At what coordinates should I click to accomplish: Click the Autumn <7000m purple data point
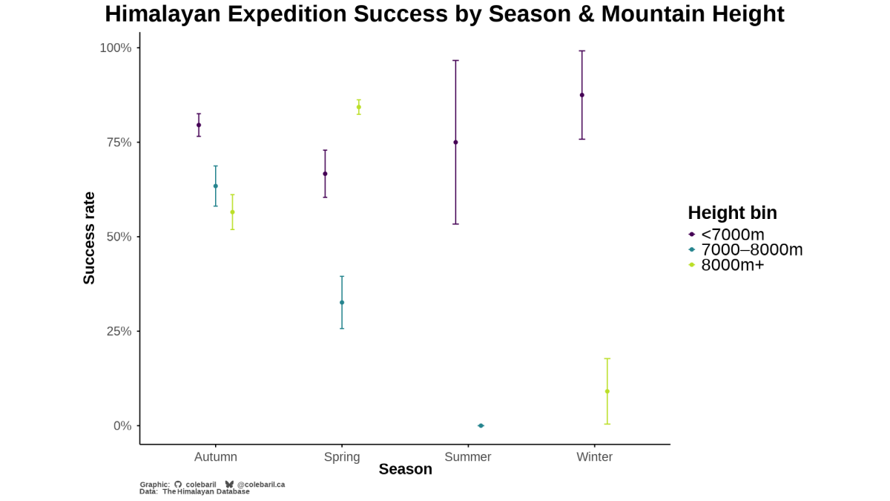pyautogui.click(x=199, y=125)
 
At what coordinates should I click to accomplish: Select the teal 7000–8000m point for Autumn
pyautogui.click(x=216, y=186)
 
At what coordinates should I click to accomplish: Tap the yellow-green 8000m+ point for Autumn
pyautogui.click(x=232, y=212)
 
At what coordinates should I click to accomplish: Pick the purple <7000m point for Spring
pyautogui.click(x=325, y=174)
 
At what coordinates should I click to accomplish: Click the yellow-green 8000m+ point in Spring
pyautogui.click(x=359, y=107)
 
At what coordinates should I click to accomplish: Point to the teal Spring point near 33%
pyautogui.click(x=342, y=303)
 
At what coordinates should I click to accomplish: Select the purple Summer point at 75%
pyautogui.click(x=455, y=143)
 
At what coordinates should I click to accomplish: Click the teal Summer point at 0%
pyautogui.click(x=481, y=425)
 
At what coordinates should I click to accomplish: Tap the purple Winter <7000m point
pyautogui.click(x=582, y=95)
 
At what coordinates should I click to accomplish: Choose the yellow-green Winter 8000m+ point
pyautogui.click(x=607, y=391)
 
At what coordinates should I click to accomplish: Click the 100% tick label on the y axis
pyautogui.click(x=116, y=48)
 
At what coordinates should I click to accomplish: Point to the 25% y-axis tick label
pyautogui.click(x=118, y=331)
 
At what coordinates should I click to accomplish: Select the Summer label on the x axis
pyautogui.click(x=468, y=457)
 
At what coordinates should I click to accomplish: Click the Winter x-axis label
pyautogui.click(x=595, y=457)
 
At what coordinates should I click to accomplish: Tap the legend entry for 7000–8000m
pyautogui.click(x=751, y=249)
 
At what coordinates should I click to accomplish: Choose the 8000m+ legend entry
pyautogui.click(x=732, y=264)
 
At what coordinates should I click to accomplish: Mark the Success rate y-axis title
pyautogui.click(x=89, y=238)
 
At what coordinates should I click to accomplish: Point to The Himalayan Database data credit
pyautogui.click(x=206, y=491)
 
